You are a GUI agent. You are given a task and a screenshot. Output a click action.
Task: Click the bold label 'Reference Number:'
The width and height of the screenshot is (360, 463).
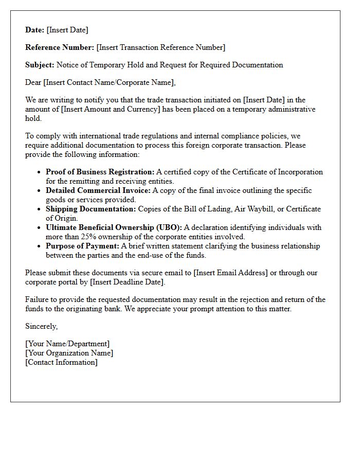click(x=60, y=47)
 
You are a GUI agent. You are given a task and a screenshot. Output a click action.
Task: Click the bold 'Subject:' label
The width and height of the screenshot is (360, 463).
click(x=40, y=65)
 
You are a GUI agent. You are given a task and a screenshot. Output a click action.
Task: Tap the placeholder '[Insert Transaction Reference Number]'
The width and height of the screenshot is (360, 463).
click(x=161, y=47)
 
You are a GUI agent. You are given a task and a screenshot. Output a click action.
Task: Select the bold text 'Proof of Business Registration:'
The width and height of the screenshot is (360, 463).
click(x=100, y=172)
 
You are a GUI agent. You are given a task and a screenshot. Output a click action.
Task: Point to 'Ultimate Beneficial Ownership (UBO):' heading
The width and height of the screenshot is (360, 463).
click(x=114, y=227)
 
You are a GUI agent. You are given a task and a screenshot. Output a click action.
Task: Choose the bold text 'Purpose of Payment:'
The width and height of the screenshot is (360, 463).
click(x=82, y=246)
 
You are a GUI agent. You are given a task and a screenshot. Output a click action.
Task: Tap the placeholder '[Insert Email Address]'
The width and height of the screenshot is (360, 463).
click(x=230, y=273)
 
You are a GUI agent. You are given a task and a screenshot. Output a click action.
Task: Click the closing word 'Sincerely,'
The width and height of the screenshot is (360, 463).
click(x=42, y=326)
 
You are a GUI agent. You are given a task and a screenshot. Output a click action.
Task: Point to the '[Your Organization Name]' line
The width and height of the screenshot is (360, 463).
click(x=69, y=353)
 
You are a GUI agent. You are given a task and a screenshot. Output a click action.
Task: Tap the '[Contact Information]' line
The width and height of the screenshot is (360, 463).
click(x=61, y=362)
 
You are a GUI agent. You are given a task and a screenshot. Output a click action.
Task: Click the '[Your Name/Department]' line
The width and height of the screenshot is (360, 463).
click(x=67, y=344)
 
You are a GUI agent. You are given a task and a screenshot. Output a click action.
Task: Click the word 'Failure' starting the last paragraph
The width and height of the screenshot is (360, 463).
click(x=37, y=299)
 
